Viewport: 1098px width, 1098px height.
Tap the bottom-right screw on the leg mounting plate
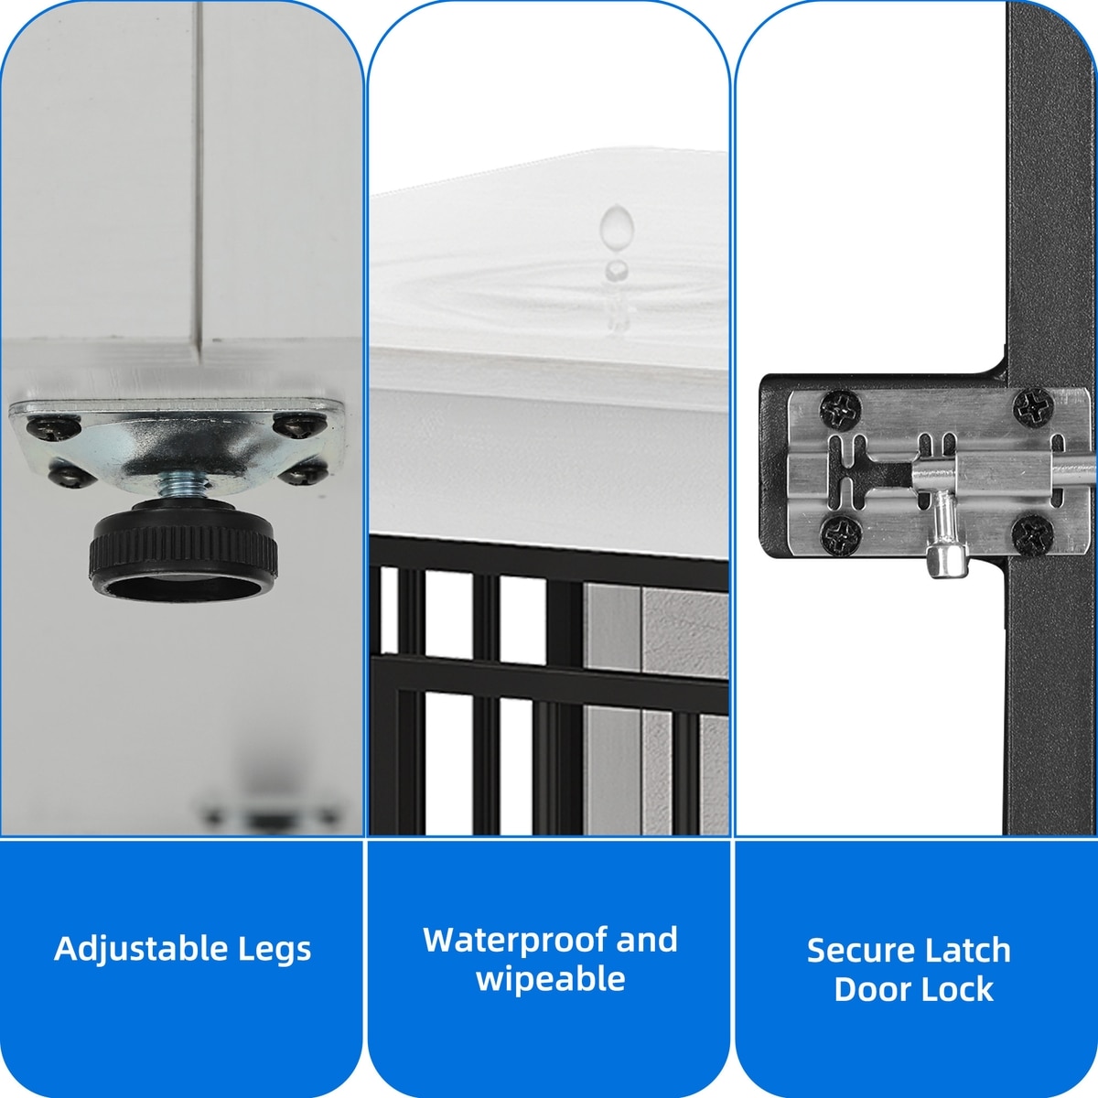point(305,472)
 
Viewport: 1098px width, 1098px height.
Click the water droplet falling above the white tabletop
point(617,224)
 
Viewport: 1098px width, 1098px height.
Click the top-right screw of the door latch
point(1033,407)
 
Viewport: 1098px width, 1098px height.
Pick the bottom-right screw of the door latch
point(1032,533)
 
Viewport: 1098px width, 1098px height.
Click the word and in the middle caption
point(647,941)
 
